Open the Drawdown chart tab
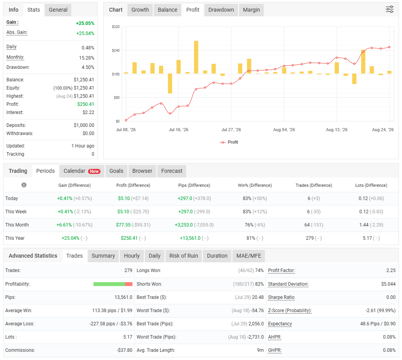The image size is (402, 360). pos(221,10)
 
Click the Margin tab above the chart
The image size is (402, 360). pos(251,10)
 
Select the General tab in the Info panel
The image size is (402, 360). pos(58,10)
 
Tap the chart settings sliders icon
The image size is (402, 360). pos(390,9)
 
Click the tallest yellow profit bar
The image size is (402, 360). pos(196,57)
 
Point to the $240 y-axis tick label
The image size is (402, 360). pos(116,51)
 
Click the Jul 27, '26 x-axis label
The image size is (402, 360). pos(231,130)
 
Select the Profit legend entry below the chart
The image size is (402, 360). pos(229,142)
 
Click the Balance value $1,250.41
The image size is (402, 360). pos(84,80)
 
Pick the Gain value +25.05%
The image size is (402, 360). pos(85,23)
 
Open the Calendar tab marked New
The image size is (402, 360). pos(82,171)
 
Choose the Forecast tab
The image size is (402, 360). pos(172,171)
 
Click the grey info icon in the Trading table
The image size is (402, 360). pos(24,185)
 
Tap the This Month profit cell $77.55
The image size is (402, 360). pos(123,225)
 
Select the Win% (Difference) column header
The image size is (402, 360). pos(255,185)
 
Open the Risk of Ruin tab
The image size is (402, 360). pos(183,256)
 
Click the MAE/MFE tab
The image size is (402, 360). pos(249,256)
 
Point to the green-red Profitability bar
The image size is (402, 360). pos(113,284)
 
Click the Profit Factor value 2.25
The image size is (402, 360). pos(391,270)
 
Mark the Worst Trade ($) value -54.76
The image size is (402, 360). pos(257,311)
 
